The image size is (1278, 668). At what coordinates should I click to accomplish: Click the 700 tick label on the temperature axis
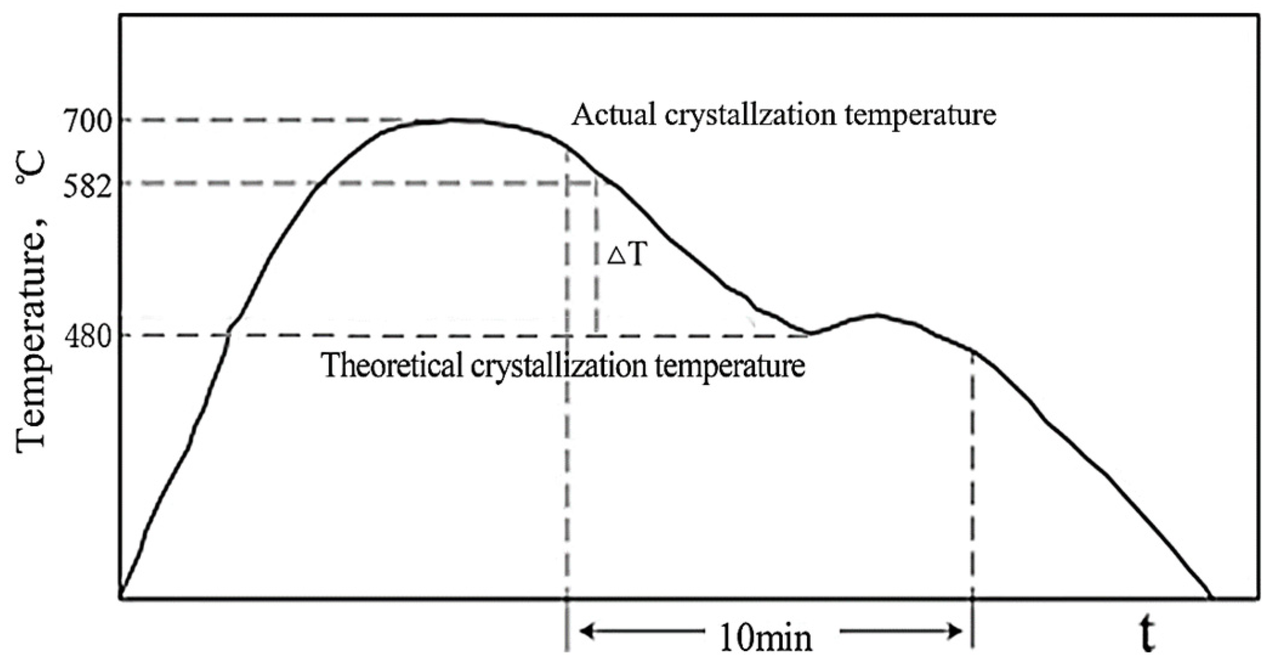point(88,122)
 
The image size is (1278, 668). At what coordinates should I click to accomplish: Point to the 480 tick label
point(88,336)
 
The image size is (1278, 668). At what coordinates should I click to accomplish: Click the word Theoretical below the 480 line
point(392,366)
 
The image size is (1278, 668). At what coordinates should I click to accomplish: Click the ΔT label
point(626,255)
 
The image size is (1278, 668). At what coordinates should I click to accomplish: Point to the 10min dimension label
point(765,638)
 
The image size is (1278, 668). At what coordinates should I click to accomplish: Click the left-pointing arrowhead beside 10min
point(586,632)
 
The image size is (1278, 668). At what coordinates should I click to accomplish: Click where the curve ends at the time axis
point(1211,598)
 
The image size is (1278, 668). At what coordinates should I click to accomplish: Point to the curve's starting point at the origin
point(121,598)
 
